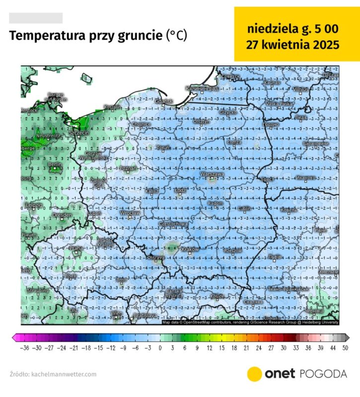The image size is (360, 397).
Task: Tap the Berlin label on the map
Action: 54,164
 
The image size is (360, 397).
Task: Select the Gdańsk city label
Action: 163,101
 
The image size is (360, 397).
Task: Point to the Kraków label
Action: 190,249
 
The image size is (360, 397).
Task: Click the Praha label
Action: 76,248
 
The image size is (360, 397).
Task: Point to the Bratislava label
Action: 146,315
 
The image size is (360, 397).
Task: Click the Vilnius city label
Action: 300,89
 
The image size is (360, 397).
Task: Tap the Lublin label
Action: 244,208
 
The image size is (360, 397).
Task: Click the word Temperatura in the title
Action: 47,36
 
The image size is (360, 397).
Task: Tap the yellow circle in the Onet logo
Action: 255,374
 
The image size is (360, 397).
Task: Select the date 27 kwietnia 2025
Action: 293,45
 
